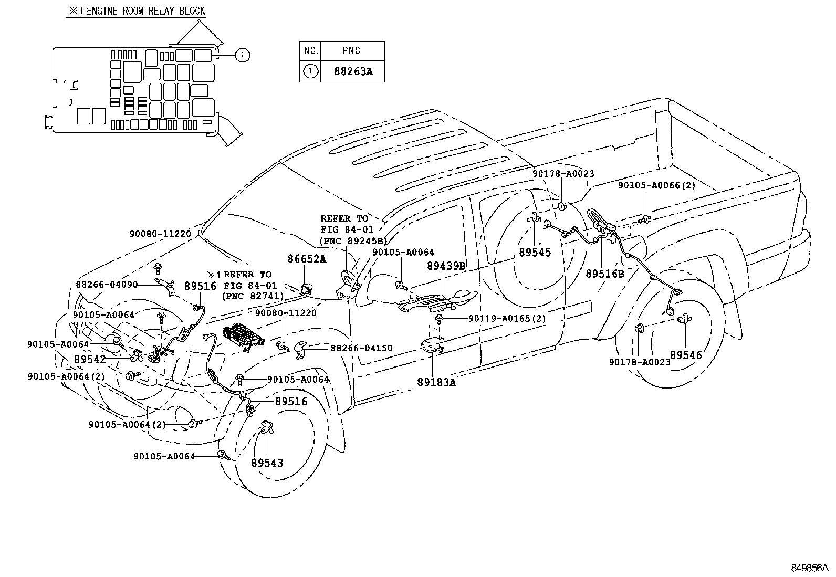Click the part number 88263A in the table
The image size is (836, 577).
click(x=353, y=71)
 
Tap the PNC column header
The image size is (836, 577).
click(x=351, y=51)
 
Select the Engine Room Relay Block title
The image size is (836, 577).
click(x=135, y=11)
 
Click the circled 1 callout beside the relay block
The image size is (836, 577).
click(x=242, y=55)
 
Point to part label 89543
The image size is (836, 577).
click(x=267, y=463)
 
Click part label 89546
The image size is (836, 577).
click(x=686, y=355)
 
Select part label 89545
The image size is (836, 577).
click(x=535, y=253)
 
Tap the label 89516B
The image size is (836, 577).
click(x=605, y=274)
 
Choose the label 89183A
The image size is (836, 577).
click(x=436, y=383)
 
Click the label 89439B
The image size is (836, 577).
click(x=446, y=267)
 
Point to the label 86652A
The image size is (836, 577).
click(x=306, y=259)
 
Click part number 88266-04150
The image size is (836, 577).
click(x=361, y=348)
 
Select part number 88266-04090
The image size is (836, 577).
click(x=107, y=284)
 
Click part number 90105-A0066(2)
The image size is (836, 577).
click(x=656, y=185)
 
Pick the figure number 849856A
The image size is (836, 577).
click(x=809, y=568)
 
